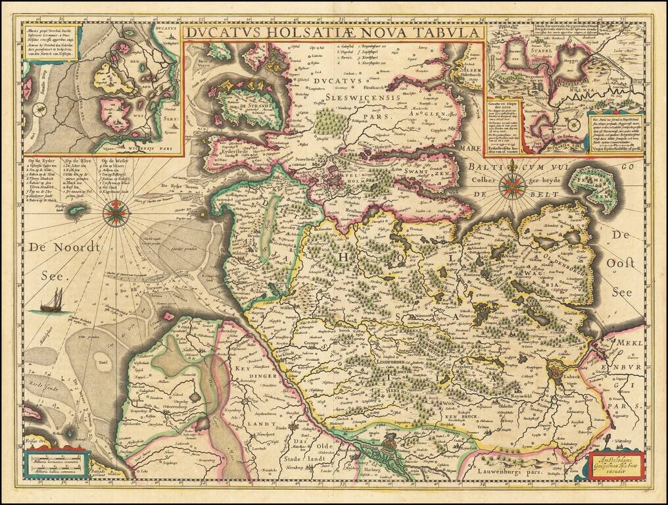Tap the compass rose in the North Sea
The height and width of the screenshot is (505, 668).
pyautogui.click(x=116, y=212)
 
